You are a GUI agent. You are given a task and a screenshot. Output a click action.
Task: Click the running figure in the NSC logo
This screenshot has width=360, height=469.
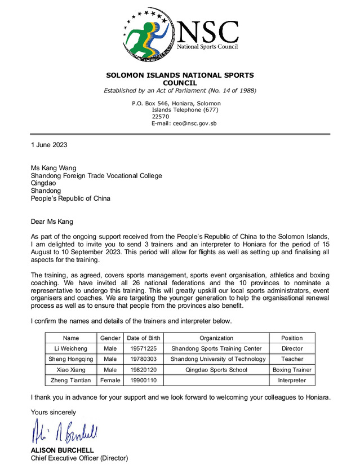(x=145, y=37)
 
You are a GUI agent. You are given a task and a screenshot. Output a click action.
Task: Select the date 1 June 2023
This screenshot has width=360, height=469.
(x=49, y=145)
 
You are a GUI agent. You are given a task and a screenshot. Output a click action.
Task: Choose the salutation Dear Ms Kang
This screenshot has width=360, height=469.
(x=52, y=222)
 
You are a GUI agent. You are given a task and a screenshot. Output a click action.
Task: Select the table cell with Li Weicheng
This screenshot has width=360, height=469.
(x=71, y=348)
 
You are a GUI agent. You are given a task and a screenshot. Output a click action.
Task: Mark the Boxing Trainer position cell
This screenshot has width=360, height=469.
(x=291, y=370)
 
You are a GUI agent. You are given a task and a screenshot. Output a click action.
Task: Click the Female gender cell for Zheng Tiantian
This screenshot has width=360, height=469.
(x=110, y=380)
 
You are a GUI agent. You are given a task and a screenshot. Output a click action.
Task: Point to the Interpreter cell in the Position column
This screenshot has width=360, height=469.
(x=291, y=380)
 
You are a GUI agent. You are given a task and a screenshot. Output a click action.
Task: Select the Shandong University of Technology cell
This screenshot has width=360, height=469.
(x=217, y=359)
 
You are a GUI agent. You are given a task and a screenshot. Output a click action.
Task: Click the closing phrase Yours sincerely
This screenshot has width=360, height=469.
(x=54, y=412)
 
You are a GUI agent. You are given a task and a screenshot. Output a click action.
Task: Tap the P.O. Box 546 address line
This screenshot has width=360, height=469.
(x=176, y=103)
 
